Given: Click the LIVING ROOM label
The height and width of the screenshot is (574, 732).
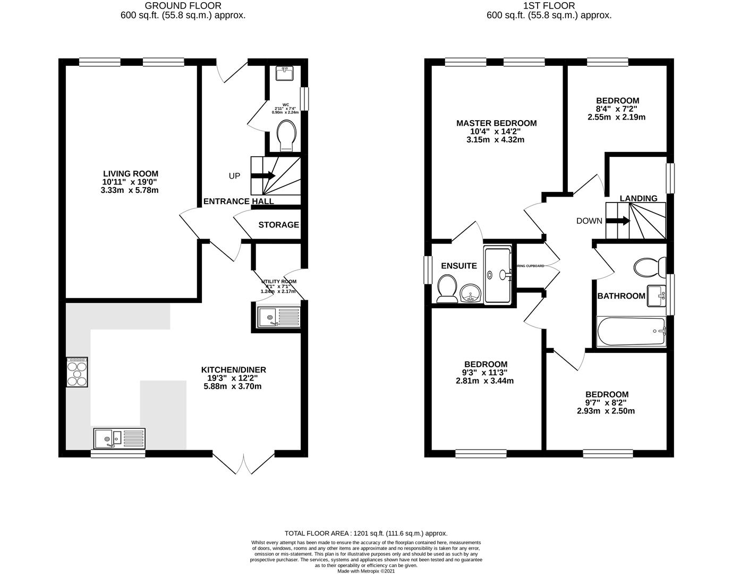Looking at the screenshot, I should tap(130, 174).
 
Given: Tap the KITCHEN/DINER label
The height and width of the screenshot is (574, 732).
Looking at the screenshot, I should tap(233, 370).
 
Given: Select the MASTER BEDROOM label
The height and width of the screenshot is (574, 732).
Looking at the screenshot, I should tap(496, 123).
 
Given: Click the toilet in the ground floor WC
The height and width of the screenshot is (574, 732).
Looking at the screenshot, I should tap(287, 134).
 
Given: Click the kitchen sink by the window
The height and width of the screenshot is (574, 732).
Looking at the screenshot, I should tap(119, 439).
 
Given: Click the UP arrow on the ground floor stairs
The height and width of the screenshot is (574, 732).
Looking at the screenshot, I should tap(262, 176).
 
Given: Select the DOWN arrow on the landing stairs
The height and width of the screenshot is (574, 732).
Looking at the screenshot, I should tap(618, 221).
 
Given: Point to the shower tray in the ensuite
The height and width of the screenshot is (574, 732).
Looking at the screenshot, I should tap(497, 274).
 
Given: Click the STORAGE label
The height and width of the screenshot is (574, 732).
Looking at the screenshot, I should tap(278, 225).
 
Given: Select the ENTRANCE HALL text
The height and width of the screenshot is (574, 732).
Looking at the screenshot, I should tap(239, 201).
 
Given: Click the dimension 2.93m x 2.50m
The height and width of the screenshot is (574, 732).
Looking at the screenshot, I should tap(607, 411).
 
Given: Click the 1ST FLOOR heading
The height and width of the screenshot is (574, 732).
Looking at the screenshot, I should tap(549, 6).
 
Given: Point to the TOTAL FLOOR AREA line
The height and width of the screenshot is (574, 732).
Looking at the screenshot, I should tap(366, 533).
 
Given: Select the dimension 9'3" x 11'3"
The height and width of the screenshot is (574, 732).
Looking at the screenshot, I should tap(484, 373).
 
